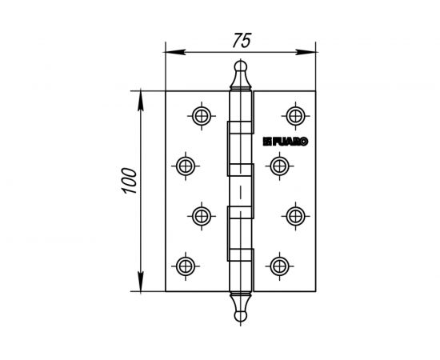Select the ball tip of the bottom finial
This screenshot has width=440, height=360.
tap(239, 318)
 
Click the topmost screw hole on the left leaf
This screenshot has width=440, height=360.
tap(202, 115)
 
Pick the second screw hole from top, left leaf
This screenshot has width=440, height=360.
tap(185, 166)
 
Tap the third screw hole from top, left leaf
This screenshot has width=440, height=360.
tap(202, 215)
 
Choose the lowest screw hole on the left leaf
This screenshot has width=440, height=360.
tap(185, 265)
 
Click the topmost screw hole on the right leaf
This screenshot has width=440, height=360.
tap(295, 115)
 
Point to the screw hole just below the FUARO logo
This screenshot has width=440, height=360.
tap(278, 166)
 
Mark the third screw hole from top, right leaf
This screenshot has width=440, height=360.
tap(295, 215)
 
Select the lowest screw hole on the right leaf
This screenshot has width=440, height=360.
tap(278, 265)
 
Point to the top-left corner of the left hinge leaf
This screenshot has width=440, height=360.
tap(166, 91)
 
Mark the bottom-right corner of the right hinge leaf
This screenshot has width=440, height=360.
tap(314, 291)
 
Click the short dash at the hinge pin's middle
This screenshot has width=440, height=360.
tap(239, 192)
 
